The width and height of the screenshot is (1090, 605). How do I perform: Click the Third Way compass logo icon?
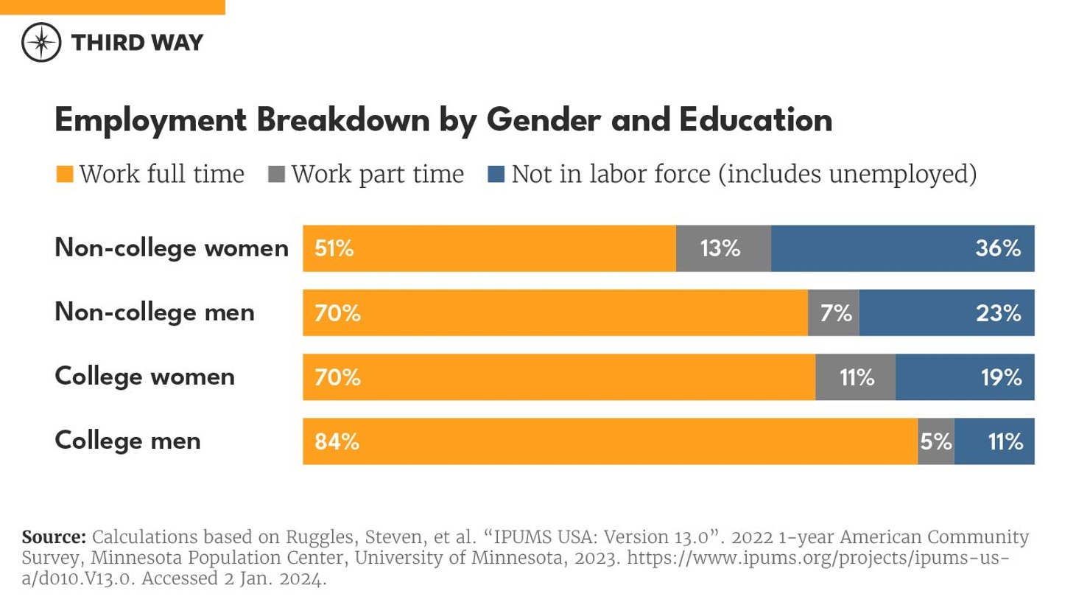(x=41, y=42)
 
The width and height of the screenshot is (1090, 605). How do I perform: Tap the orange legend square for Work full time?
(x=65, y=175)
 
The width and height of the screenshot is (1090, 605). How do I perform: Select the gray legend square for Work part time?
(x=276, y=175)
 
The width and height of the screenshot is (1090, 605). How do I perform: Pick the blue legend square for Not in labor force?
(x=496, y=175)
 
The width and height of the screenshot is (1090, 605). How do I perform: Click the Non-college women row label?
(x=172, y=248)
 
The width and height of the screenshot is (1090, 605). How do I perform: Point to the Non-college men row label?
(x=155, y=312)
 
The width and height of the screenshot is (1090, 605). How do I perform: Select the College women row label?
(x=144, y=377)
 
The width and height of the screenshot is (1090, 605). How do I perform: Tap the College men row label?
(x=127, y=441)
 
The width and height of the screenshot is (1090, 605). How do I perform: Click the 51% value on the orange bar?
(x=334, y=248)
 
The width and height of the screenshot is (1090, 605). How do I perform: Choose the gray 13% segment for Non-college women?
(x=722, y=248)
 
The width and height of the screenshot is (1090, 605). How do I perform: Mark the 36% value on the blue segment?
(x=998, y=248)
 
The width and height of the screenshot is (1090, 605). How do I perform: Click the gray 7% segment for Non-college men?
(x=834, y=313)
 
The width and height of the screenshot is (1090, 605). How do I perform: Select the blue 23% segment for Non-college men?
(x=946, y=313)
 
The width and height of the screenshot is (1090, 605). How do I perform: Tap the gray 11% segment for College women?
(x=855, y=377)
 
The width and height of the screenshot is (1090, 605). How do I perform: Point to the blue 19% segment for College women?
(x=965, y=377)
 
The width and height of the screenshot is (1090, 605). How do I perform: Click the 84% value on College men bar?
(x=337, y=441)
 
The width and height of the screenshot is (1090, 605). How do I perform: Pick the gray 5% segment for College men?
(x=935, y=441)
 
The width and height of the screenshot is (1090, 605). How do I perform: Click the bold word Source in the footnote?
(x=54, y=537)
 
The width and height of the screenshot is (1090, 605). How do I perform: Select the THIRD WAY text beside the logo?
(x=137, y=43)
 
